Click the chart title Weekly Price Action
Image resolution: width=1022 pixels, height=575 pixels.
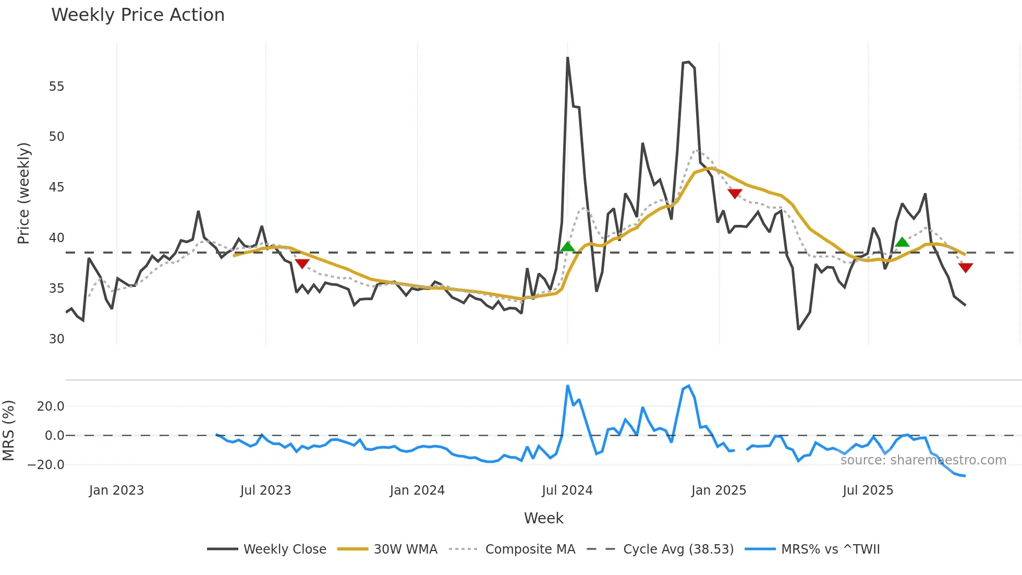pyautogui.click(x=138, y=15)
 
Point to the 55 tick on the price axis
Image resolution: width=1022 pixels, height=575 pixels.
pyautogui.click(x=56, y=87)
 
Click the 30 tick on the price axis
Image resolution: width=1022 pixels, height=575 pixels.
pyautogui.click(x=56, y=339)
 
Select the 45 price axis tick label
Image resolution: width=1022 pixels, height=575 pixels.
pyautogui.click(x=56, y=187)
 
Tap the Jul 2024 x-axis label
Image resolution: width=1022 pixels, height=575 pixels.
pyautogui.click(x=567, y=490)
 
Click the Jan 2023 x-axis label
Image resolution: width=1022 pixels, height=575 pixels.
pyautogui.click(x=116, y=490)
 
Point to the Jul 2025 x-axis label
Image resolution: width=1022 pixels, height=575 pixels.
pyautogui.click(x=868, y=490)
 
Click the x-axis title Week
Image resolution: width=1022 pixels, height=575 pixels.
pyautogui.click(x=543, y=518)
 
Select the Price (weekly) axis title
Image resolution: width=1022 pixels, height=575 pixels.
pyautogui.click(x=24, y=193)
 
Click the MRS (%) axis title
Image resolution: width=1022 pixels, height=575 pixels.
pyautogui.click(x=9, y=430)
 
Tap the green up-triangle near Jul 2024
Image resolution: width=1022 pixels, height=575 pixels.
pyautogui.click(x=567, y=247)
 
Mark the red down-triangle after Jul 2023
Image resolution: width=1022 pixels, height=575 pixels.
pyautogui.click(x=302, y=263)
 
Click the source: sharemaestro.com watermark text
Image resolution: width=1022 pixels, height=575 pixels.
pyautogui.click(x=923, y=460)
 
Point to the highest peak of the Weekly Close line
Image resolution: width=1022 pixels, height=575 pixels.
pyautogui.click(x=567, y=58)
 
